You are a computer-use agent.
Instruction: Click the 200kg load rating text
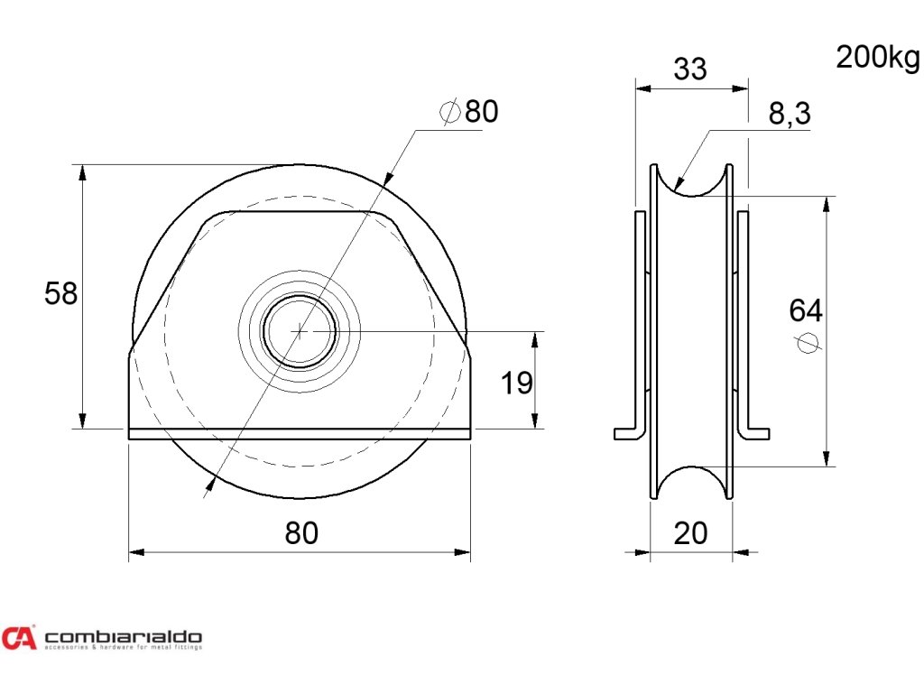pyautogui.click(x=876, y=58)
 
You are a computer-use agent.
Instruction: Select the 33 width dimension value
pyautogui.click(x=690, y=69)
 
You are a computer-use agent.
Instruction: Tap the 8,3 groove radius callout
pyautogui.click(x=790, y=114)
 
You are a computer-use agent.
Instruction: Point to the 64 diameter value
pyautogui.click(x=806, y=310)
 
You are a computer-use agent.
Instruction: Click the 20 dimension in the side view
pyautogui.click(x=691, y=533)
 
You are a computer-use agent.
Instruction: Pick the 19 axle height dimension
pyautogui.click(x=517, y=383)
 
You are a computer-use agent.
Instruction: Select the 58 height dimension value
pyautogui.click(x=61, y=293)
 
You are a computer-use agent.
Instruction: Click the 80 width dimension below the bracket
pyautogui.click(x=301, y=533)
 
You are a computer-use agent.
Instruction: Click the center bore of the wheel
pyautogui.click(x=300, y=331)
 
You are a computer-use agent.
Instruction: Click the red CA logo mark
pyautogui.click(x=19, y=638)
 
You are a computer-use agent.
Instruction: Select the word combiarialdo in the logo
pyautogui.click(x=123, y=634)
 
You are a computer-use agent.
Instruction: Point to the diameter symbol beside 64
pyautogui.click(x=808, y=343)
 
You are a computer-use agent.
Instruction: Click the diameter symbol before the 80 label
pyautogui.click(x=449, y=112)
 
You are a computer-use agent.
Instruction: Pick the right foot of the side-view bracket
pyautogui.click(x=757, y=434)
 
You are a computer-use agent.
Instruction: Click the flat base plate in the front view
pyautogui.click(x=300, y=434)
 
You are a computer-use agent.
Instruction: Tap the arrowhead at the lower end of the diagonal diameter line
pyautogui.click(x=209, y=488)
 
